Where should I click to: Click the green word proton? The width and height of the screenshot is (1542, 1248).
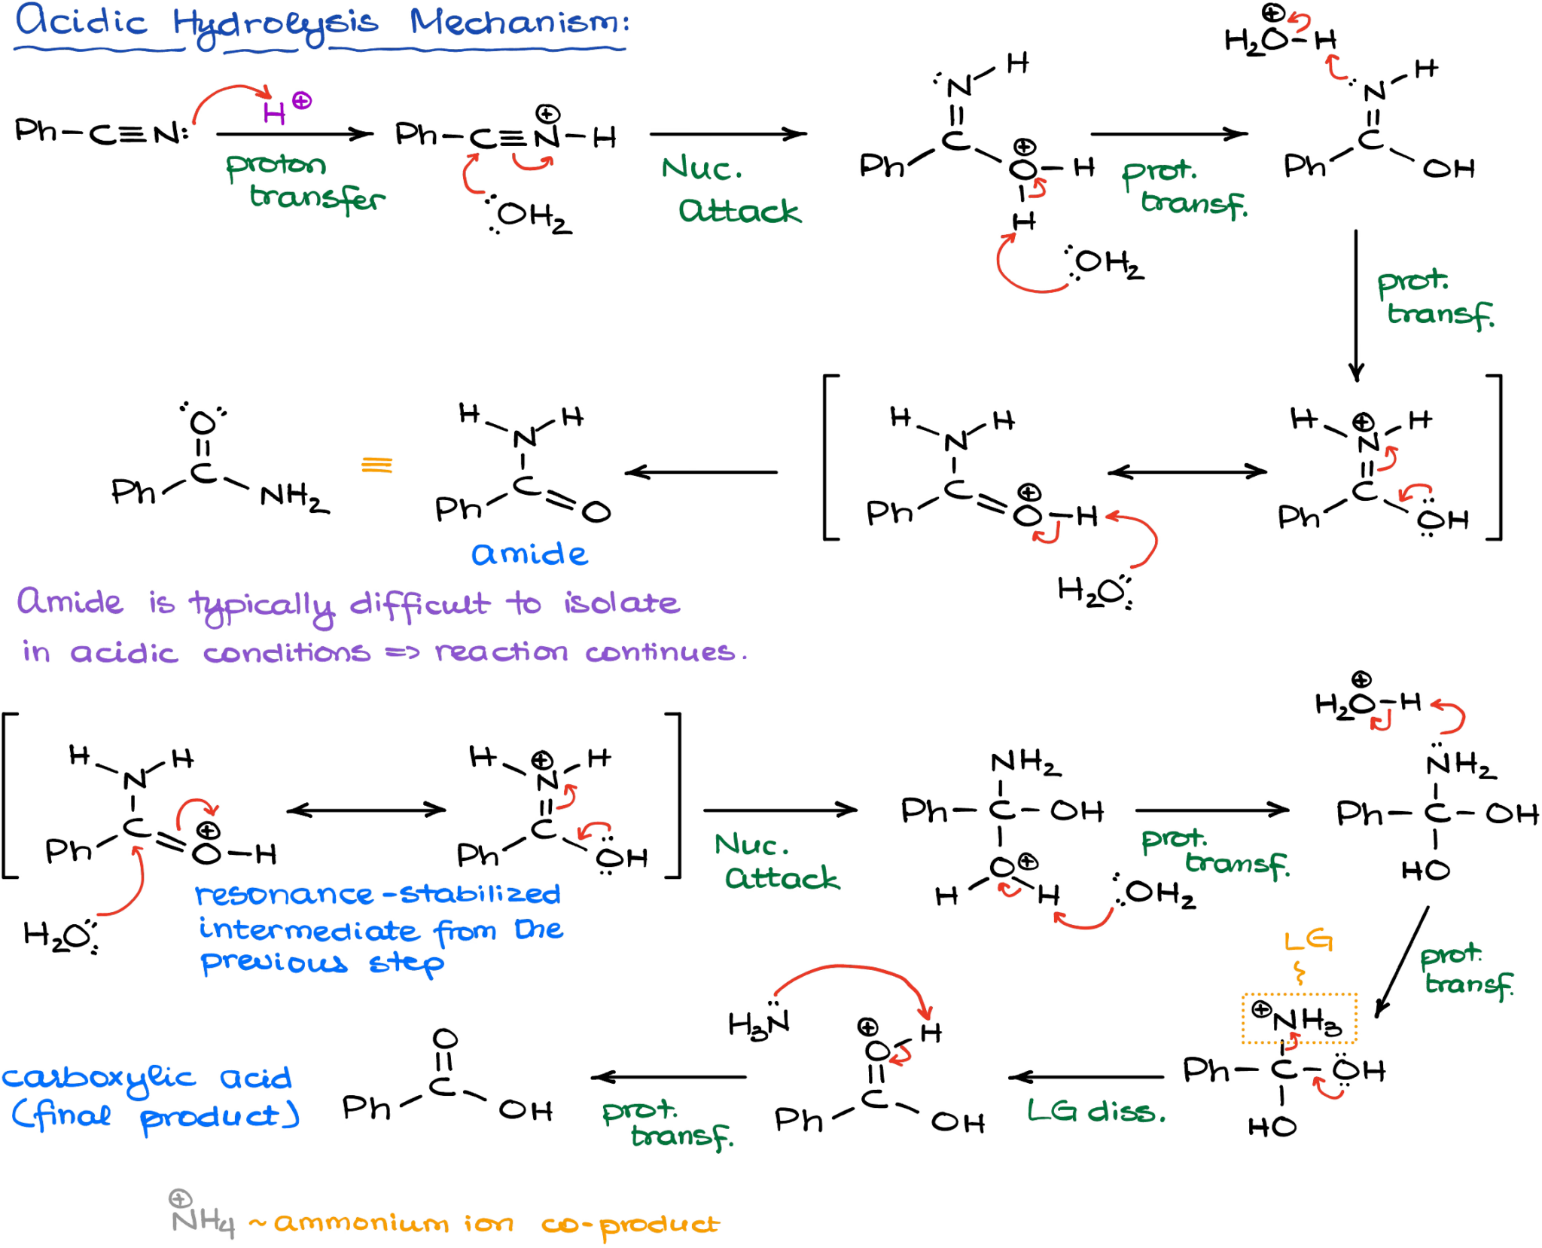pos(276,166)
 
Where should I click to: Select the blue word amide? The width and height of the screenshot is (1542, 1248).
pos(529,554)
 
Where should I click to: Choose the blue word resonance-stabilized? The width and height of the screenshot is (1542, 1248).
pos(377,894)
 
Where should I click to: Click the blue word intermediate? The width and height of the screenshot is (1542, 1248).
pos(309,931)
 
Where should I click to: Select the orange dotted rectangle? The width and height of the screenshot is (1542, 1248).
pos(1299,1018)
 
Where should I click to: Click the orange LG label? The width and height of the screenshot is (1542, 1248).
pos(1309,941)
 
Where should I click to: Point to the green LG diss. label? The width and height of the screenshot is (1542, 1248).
pos(1096,1112)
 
